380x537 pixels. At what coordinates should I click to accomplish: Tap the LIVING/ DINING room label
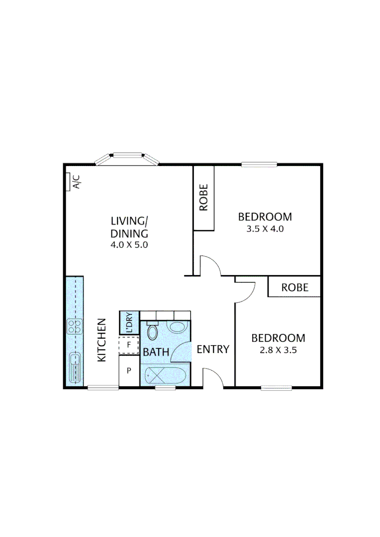point(129,227)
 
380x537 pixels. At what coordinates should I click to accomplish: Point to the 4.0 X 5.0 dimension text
point(129,245)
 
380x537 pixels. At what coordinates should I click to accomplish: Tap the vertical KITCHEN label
point(101,340)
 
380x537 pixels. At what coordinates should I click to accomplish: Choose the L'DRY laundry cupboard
point(129,322)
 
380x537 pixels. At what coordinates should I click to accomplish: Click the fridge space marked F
point(129,345)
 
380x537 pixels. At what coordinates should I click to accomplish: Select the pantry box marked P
point(129,370)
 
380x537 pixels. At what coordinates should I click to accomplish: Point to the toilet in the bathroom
point(153,332)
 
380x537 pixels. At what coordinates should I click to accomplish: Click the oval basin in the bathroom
point(177,327)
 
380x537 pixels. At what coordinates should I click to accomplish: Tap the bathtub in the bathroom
point(165,375)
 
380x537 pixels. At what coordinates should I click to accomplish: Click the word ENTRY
point(213,350)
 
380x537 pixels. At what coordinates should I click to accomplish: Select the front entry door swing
point(212,377)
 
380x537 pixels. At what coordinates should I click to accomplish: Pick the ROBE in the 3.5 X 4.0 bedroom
point(203,198)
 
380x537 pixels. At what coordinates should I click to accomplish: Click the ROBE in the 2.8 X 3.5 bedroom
point(294,287)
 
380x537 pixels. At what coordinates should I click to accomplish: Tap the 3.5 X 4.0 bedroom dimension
point(265,230)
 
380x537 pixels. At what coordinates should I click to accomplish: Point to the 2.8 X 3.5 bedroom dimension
point(278,350)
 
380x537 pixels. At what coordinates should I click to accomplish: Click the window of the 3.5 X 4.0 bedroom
point(259,165)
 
